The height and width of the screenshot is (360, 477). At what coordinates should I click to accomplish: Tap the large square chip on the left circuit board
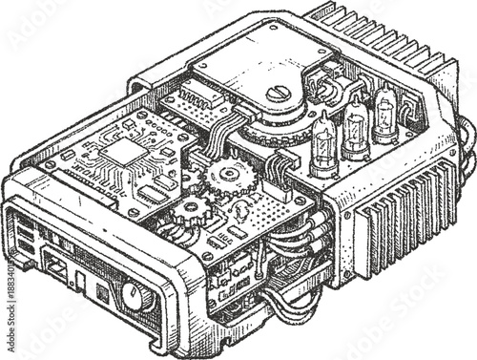[121, 152]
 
